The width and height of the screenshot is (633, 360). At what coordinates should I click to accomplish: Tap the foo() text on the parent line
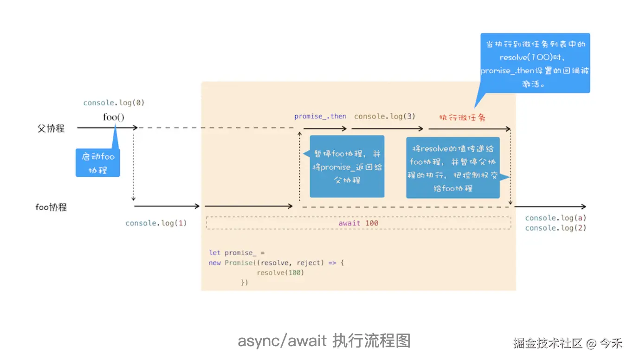point(114,117)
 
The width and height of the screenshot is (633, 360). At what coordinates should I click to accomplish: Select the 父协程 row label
point(51,129)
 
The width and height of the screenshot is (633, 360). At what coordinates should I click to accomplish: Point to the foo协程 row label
point(51,207)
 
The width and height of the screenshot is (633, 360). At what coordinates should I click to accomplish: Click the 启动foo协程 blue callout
point(98,163)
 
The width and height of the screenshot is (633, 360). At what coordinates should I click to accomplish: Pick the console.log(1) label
point(156,223)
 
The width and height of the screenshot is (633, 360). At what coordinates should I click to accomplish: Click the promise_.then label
point(320,116)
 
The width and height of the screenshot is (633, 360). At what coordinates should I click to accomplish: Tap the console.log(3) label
point(385,116)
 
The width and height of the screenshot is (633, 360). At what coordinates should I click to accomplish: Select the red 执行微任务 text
point(462,117)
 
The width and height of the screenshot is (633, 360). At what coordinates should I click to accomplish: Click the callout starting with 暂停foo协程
point(347,167)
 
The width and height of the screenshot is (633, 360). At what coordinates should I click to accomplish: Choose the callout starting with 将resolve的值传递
point(453,168)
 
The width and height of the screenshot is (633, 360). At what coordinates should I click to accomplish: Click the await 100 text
point(358,223)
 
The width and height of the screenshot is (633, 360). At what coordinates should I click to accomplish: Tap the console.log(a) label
point(555,218)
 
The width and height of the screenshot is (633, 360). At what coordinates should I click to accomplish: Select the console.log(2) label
point(555,228)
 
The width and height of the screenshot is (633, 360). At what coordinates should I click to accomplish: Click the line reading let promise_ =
point(237,253)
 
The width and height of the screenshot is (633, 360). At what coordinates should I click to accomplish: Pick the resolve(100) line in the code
point(280,273)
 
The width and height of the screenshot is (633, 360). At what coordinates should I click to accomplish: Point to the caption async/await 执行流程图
point(324,341)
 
